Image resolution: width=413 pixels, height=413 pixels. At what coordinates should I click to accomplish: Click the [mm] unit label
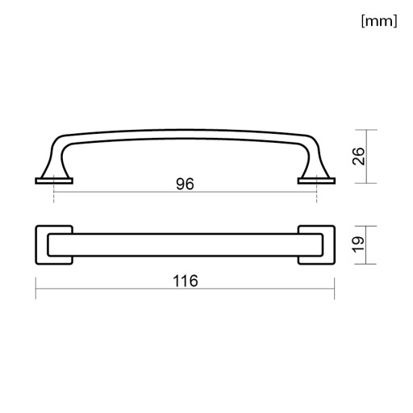379,21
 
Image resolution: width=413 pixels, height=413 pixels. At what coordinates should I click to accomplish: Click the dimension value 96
185,184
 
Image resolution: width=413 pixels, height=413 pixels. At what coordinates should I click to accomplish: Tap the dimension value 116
186,281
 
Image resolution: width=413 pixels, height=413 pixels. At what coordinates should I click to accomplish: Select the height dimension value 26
359,156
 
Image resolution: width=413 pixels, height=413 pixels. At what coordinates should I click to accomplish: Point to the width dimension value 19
359,244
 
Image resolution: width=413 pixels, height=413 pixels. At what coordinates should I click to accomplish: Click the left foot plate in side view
54,181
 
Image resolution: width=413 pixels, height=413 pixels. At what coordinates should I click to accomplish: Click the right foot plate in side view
316,181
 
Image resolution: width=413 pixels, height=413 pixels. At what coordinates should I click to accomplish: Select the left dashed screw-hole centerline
54,189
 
